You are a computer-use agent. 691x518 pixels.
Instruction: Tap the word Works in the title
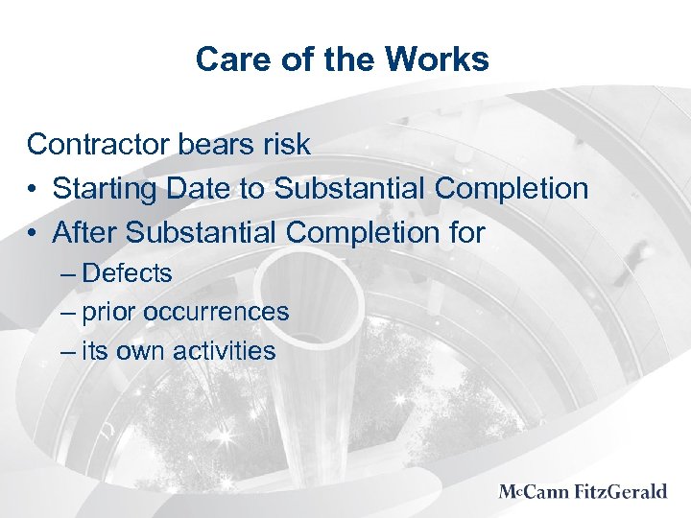point(441,60)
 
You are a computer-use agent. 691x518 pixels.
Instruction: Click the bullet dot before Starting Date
point(34,189)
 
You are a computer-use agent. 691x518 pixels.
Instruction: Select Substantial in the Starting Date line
point(350,189)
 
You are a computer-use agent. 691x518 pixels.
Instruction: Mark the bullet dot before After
point(34,233)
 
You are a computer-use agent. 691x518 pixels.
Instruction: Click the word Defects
point(128,273)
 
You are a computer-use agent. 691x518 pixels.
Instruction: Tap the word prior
point(108,313)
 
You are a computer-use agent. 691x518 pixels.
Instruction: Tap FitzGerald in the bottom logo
point(623,492)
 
